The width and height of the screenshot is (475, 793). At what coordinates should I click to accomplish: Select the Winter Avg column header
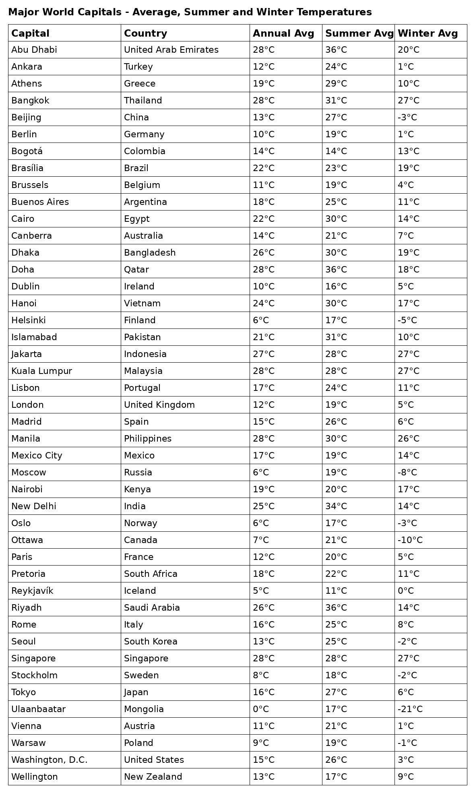[x=427, y=33]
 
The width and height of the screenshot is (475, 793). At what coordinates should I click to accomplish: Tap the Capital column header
[x=30, y=33]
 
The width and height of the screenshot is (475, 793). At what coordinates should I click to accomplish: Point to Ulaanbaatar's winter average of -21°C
[x=410, y=709]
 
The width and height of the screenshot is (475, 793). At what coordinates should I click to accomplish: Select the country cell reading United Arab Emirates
[x=171, y=50]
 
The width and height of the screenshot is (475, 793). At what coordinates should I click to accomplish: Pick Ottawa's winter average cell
[x=410, y=540]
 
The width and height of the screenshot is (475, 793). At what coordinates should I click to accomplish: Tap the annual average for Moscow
[x=261, y=472]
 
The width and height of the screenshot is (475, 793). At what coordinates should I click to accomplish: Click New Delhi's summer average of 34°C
[x=336, y=506]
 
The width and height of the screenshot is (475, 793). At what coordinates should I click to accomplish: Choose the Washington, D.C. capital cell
[x=50, y=760]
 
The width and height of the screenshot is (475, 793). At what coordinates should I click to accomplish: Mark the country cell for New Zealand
[x=153, y=776]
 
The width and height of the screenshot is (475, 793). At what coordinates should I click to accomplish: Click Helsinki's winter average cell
[x=407, y=320]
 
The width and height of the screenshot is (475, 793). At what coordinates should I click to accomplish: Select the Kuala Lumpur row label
[x=41, y=371]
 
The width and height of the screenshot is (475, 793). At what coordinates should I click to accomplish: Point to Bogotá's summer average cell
[x=336, y=151]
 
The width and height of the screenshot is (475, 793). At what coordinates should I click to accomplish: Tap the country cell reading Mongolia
[x=144, y=709]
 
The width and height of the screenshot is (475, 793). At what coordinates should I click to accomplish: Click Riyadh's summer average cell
[x=336, y=607]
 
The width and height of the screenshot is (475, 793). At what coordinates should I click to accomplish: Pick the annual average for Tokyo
[x=264, y=692]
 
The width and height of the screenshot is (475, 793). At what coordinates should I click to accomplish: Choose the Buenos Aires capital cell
[x=40, y=202]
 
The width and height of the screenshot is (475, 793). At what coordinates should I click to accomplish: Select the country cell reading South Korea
[x=151, y=641]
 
